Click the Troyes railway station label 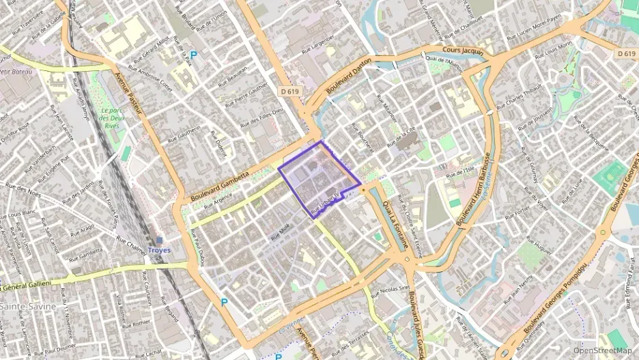[159, 250]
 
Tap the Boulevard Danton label [348, 76]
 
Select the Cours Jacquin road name [462, 51]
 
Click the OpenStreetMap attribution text [602, 350]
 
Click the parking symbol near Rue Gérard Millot [193, 55]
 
